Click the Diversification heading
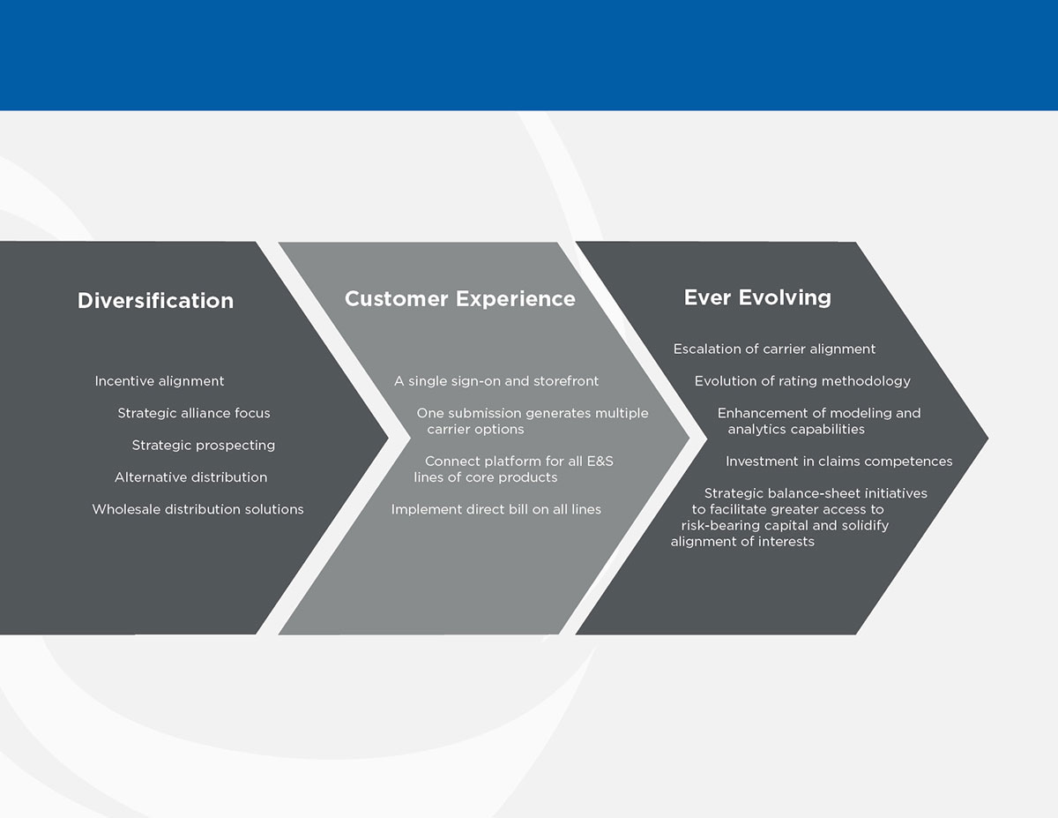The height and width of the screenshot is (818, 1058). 155,301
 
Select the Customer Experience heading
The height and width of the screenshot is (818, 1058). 460,299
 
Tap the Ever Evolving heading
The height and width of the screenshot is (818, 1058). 757,297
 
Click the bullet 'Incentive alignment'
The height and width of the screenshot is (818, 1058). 160,381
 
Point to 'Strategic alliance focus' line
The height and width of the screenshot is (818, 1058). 194,413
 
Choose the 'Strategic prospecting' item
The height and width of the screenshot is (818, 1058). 204,446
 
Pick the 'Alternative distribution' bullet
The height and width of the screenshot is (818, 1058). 190,477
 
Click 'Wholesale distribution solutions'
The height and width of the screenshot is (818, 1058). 197,509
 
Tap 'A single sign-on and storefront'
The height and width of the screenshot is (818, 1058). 496,381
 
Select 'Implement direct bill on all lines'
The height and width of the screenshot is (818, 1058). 496,510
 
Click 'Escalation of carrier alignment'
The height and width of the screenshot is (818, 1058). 774,349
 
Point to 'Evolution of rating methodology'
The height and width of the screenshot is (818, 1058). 802,381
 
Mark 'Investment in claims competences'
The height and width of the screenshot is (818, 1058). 838,462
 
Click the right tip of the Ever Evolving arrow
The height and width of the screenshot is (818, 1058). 988,438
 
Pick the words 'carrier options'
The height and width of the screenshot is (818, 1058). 476,429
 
